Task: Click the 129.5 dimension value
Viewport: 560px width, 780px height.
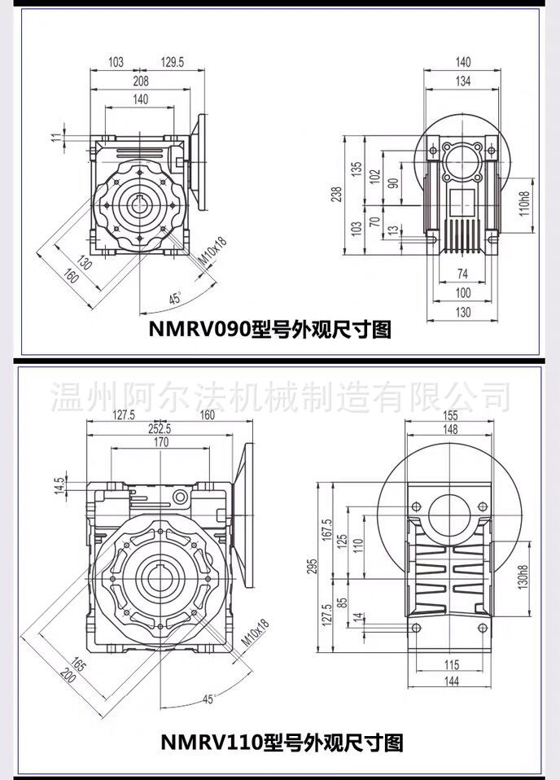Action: pyautogui.click(x=172, y=62)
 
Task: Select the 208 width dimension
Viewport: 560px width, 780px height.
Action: pyautogui.click(x=141, y=81)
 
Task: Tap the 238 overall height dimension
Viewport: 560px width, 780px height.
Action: pyautogui.click(x=337, y=194)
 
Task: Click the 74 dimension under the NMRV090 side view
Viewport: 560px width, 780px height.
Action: pyautogui.click(x=462, y=273)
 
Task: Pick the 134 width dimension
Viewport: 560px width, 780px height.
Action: pyautogui.click(x=462, y=81)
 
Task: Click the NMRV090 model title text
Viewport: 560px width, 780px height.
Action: pyautogui.click(x=270, y=329)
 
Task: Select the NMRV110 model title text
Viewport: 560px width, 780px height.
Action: pyautogui.click(x=282, y=743)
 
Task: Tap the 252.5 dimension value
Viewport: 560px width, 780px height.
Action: pyautogui.click(x=160, y=428)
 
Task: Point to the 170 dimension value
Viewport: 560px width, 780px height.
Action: pyautogui.click(x=161, y=442)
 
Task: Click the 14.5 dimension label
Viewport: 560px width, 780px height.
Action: pyautogui.click(x=59, y=486)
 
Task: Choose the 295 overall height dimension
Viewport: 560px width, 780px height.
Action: pyautogui.click(x=312, y=567)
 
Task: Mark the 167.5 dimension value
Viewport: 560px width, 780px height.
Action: pyautogui.click(x=326, y=530)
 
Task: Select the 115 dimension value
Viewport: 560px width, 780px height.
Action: pyautogui.click(x=451, y=664)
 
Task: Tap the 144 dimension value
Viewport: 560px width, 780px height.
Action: pyautogui.click(x=451, y=681)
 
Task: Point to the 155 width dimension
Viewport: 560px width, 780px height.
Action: pyautogui.click(x=450, y=416)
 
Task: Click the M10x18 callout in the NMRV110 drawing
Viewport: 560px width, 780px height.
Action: pyautogui.click(x=255, y=633)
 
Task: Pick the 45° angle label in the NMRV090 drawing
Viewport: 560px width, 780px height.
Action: pyautogui.click(x=175, y=299)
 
